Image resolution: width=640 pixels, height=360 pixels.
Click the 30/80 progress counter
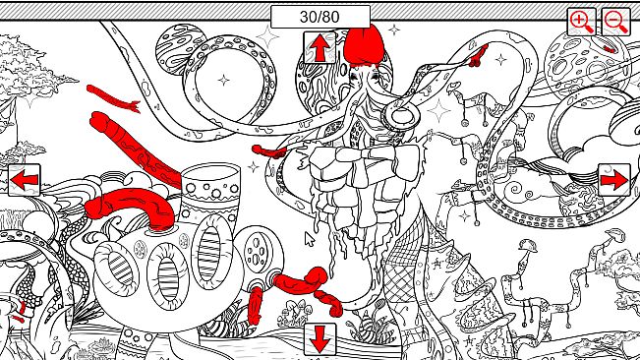tap(320, 17)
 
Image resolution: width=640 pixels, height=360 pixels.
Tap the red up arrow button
tap(320, 48)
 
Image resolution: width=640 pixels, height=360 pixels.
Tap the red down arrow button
tap(320, 339)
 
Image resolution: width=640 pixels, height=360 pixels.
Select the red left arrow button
tap(24, 180)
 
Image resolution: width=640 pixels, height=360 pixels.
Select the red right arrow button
tap(614, 180)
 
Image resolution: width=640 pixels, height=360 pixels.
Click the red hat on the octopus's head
tap(364, 45)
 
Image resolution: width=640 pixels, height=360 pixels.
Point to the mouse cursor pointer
tap(310, 239)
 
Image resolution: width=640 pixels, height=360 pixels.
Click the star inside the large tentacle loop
tap(224, 80)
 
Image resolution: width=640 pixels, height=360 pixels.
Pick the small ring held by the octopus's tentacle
tap(402, 115)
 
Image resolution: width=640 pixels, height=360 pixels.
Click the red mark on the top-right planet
tap(610, 49)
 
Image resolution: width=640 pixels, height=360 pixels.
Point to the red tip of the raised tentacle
tap(479, 56)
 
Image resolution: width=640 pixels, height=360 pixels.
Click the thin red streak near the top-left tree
tap(113, 98)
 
